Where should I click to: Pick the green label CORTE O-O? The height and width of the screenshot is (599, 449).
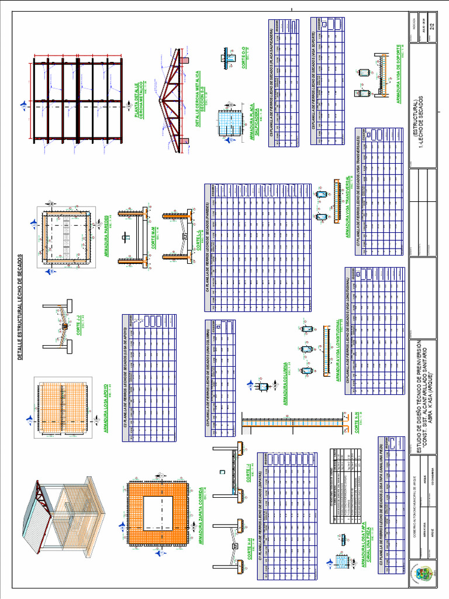point(244,59)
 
